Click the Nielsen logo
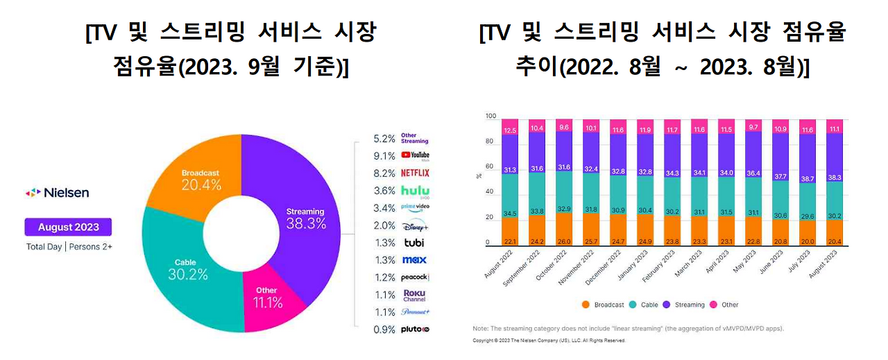[x=57, y=193]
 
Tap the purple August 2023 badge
[x=68, y=227]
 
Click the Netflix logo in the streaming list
[x=415, y=173]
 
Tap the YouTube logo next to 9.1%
[x=415, y=155]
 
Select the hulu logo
[x=415, y=191]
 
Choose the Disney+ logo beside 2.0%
[x=415, y=225]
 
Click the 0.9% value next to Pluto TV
[x=384, y=329]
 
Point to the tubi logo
[x=413, y=243]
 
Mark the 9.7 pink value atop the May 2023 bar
[x=754, y=127]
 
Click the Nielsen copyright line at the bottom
[x=549, y=341]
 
